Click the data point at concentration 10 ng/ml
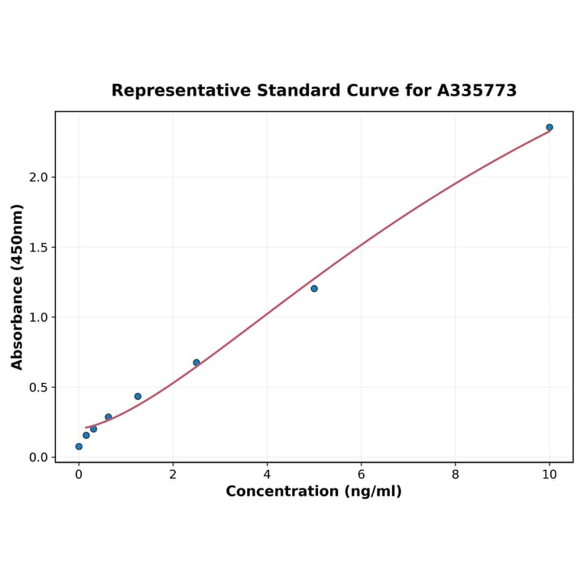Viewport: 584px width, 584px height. click(x=550, y=127)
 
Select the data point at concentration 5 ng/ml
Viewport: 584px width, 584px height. click(x=314, y=288)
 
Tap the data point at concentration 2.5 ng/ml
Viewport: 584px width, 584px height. click(x=196, y=362)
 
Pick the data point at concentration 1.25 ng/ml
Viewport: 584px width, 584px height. click(x=138, y=396)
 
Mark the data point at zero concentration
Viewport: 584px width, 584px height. click(x=79, y=446)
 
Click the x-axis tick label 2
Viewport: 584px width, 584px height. click(x=173, y=474)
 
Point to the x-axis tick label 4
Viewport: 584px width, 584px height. click(x=267, y=474)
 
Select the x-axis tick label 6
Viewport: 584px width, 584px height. click(x=361, y=474)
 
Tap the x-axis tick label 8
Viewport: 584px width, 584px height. click(x=456, y=474)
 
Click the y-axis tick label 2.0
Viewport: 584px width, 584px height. click(x=37, y=177)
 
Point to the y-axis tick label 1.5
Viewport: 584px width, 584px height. click(x=37, y=247)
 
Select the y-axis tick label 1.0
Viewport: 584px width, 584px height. click(x=37, y=317)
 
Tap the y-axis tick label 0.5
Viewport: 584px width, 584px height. click(x=37, y=387)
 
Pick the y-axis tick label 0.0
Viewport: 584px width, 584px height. click(x=37, y=457)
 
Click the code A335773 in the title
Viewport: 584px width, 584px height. click(x=477, y=90)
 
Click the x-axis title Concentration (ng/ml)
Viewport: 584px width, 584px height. click(x=313, y=492)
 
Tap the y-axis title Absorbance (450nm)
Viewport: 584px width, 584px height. click(x=17, y=287)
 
